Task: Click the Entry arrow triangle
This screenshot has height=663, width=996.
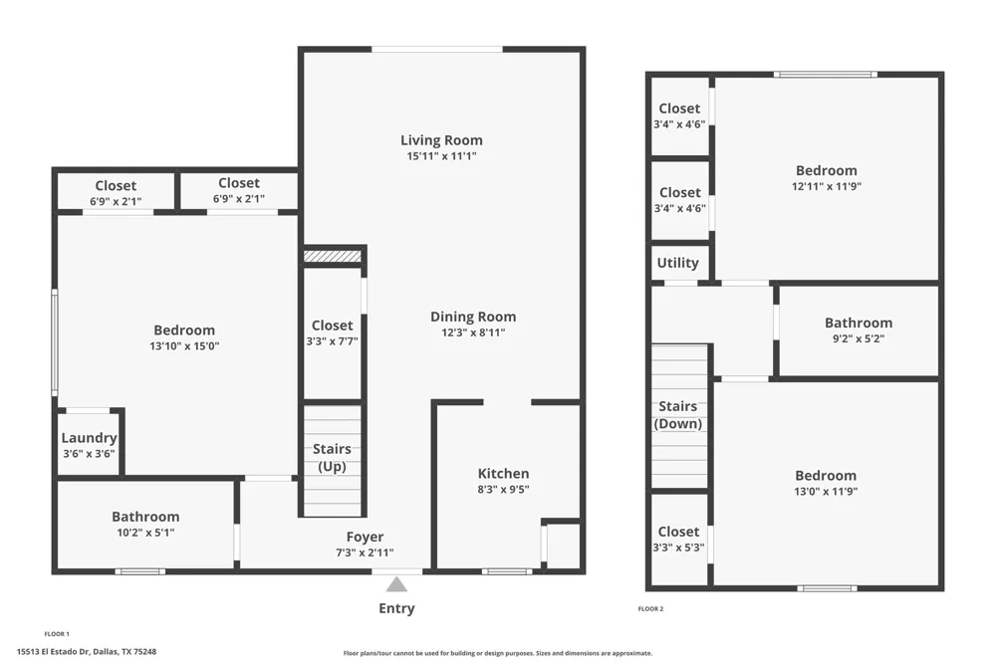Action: (397, 584)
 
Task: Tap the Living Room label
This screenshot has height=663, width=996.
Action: (441, 140)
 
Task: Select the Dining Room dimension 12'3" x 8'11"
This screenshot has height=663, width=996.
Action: (473, 332)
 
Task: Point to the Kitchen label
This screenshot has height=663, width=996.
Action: (504, 474)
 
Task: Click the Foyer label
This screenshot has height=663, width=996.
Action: (365, 538)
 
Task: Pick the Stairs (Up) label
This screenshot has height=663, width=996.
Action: (332, 457)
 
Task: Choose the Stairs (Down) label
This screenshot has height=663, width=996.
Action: (677, 415)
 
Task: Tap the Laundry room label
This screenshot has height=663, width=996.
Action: (89, 438)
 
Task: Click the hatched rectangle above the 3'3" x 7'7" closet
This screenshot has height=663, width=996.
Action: (333, 256)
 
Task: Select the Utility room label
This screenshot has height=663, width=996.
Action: (677, 263)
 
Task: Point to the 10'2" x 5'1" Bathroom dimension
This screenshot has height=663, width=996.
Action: (145, 533)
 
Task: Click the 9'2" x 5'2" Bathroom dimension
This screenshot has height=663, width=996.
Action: (859, 338)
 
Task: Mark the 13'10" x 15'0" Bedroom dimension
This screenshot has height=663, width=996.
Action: (184, 346)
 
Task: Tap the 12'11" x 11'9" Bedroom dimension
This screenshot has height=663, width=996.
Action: (827, 187)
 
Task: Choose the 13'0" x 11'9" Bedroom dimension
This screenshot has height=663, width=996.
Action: (826, 491)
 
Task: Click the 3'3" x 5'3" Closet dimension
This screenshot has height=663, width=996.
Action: (678, 548)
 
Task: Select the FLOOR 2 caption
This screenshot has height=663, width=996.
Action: (650, 609)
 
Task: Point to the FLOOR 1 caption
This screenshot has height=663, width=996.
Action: (57, 634)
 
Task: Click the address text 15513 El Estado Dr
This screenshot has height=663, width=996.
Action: (54, 652)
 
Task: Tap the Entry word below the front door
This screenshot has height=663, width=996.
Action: (397, 608)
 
